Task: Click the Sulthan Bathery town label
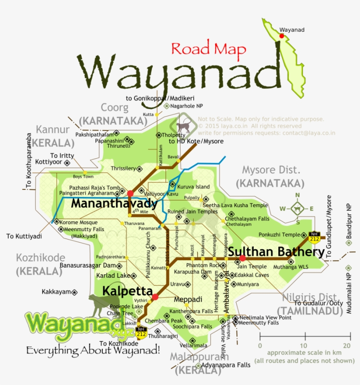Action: pos(277,252)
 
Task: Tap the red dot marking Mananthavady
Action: pos(130,193)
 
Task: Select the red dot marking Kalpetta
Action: pos(155,298)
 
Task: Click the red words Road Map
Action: pos(209,48)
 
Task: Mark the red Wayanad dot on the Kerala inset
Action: pos(281,36)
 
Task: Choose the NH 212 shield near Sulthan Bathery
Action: pos(314,237)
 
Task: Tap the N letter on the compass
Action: pos(297,195)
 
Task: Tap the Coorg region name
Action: pos(115,107)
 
